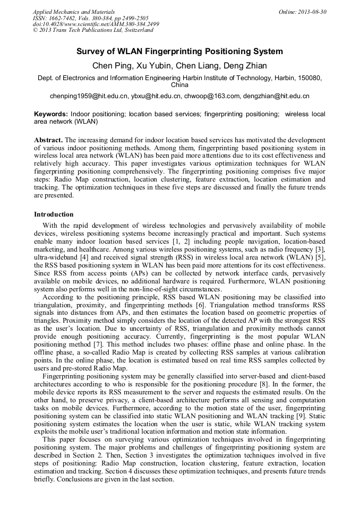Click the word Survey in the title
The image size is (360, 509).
[x=90, y=51]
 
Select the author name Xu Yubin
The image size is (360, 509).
[x=146, y=66]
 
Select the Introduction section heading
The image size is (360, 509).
[x=54, y=214]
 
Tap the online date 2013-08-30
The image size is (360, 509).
[x=313, y=11]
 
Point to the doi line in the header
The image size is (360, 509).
[x=96, y=24]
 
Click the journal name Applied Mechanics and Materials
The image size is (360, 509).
[x=74, y=11]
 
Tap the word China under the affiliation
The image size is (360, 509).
[x=179, y=85]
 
